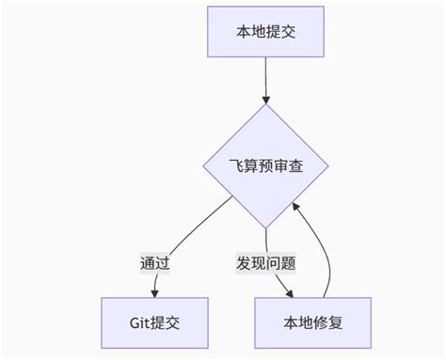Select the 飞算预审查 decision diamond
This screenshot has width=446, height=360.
tap(266, 166)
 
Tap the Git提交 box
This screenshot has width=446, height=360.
tap(154, 322)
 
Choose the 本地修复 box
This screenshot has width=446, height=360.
tap(313, 322)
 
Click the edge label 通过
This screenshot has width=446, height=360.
tap(154, 263)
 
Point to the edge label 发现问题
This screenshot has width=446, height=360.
tap(266, 263)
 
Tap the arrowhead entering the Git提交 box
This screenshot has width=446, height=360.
tap(154, 292)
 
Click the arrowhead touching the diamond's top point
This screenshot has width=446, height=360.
tap(266, 99)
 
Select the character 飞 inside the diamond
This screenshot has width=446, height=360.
tap(236, 166)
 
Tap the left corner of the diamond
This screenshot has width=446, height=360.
tap(202, 166)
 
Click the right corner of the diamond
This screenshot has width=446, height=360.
tap(330, 166)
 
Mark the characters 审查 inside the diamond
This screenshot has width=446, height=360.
tap(289, 166)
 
